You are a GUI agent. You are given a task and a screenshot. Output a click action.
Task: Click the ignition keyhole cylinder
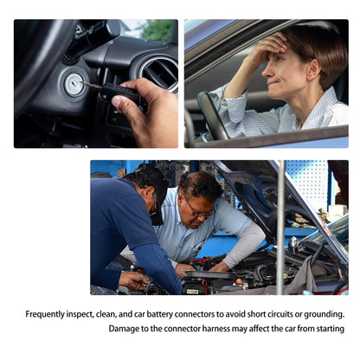click(74, 85)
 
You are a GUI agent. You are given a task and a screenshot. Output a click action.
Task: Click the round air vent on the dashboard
click(158, 73)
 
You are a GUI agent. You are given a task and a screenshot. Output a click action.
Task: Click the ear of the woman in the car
click(314, 69)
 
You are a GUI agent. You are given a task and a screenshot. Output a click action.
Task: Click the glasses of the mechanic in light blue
click(199, 210)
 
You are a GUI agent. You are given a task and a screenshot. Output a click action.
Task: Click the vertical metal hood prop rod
click(280, 228)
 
